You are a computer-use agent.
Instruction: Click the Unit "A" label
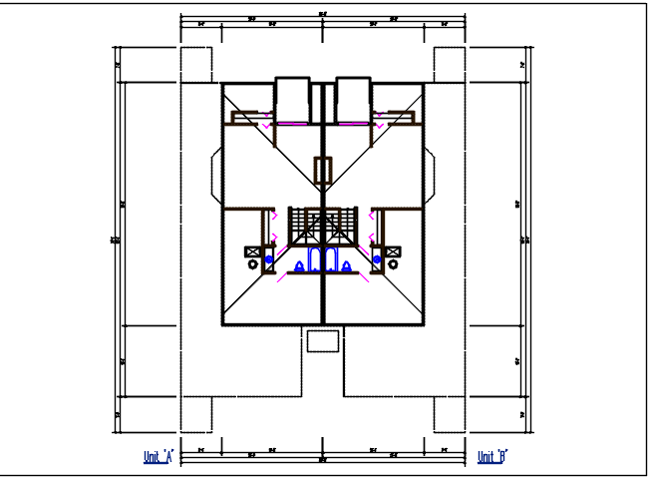pos(159,457)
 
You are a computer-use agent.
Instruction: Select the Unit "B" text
pos(492,457)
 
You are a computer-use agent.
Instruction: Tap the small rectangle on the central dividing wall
pos(322,171)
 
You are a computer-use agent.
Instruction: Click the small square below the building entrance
pos(323,341)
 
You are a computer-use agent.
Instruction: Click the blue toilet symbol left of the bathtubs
pos(300,266)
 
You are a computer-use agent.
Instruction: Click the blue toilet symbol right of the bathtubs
pos(346,266)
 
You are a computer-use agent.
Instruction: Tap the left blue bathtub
pos(316,261)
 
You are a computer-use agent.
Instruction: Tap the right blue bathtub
pos(330,261)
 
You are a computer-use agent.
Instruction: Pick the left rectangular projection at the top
pos(291,99)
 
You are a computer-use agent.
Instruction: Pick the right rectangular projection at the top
pos(354,99)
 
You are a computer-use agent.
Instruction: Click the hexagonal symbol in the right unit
pos(393,265)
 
